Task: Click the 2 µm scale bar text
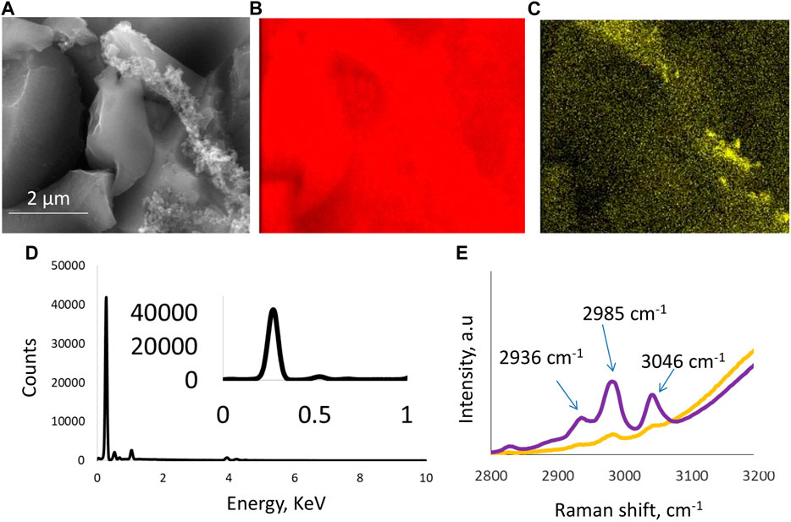coord(47,199)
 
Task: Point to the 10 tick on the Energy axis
coord(426,478)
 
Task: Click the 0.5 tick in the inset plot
coord(314,415)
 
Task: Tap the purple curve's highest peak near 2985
coord(611,382)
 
